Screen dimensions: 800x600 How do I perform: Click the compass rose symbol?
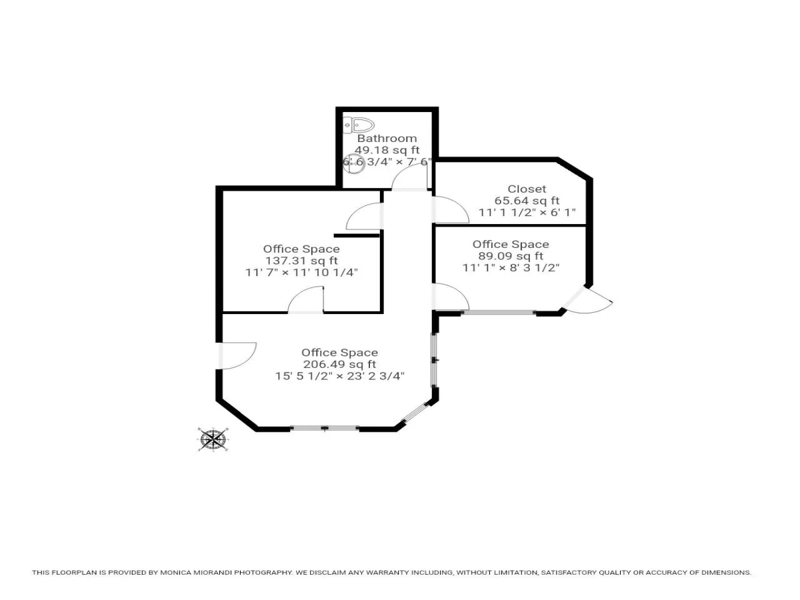coord(213,439)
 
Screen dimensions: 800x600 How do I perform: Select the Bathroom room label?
coord(387,139)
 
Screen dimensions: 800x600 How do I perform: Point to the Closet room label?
coord(527,189)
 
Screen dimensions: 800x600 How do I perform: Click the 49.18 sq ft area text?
coord(387,150)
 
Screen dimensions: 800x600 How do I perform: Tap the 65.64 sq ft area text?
coord(527,201)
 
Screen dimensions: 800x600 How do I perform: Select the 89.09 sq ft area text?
coord(511,256)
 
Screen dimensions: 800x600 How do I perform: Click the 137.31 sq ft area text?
coord(301,261)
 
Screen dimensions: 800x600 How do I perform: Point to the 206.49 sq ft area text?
coord(340,364)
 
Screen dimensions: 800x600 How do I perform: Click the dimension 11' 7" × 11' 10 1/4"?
coord(301,273)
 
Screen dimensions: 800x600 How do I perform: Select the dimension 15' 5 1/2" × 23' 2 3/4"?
coord(340,376)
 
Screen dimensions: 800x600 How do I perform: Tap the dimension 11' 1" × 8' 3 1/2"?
coord(511,268)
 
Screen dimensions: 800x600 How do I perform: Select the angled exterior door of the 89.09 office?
coord(587,300)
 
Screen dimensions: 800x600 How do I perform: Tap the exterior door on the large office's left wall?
coord(237,355)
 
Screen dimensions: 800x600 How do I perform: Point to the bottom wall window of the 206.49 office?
coord(325,428)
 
